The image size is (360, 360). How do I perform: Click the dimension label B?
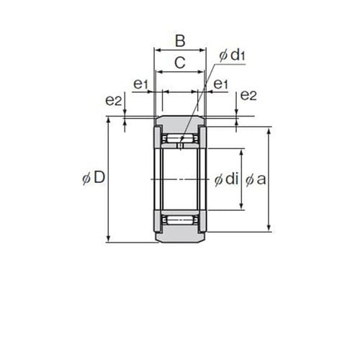click(180, 41)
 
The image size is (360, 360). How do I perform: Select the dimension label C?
click(180, 63)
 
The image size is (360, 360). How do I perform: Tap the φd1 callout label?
click(232, 55)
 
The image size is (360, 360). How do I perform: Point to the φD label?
click(94, 178)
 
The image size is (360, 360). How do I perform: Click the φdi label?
click(226, 179)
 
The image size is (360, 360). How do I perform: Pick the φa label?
click(256, 179)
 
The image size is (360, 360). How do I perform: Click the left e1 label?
click(141, 84)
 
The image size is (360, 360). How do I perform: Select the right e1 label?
click(220, 84)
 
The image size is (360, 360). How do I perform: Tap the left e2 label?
click(114, 101)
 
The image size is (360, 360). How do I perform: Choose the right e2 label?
click(248, 95)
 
